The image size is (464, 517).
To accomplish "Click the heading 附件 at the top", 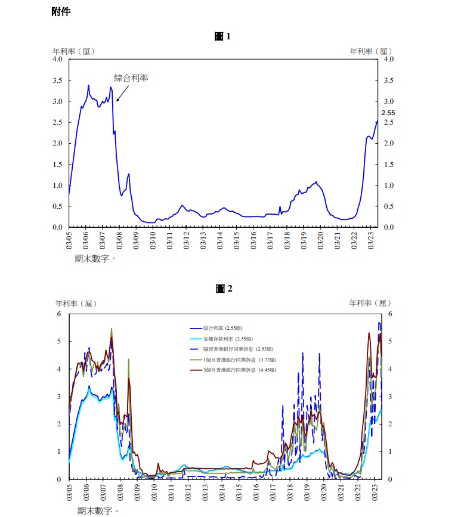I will click(61, 12).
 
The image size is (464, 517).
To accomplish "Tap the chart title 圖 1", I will click(222, 36).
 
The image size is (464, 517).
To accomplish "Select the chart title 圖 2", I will click(224, 289).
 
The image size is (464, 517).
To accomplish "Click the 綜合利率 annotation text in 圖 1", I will click(131, 78).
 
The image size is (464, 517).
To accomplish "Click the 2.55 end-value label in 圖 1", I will click(388, 113).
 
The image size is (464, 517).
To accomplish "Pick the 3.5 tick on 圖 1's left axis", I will click(57, 80).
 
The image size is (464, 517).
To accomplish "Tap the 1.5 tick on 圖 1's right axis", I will click(389, 164).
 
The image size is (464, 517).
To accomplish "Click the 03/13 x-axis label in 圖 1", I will click(203, 238).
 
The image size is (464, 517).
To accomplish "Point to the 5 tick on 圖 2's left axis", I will click(59, 342).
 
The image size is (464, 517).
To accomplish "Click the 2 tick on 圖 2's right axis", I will click(390, 424).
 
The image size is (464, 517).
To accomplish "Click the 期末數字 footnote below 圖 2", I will click(98, 510).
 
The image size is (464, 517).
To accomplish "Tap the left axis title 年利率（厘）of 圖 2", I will click(76, 304).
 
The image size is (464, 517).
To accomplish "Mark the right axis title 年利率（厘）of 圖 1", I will click(371, 51).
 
